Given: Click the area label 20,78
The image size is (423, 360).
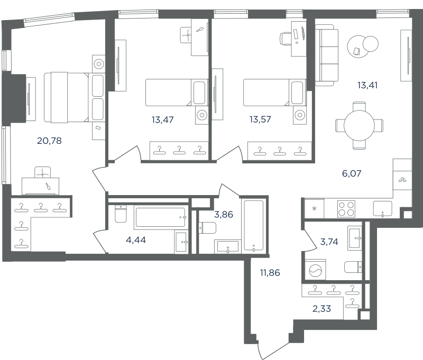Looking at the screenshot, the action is click(49, 141).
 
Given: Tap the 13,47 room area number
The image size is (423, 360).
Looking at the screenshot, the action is click(162, 119).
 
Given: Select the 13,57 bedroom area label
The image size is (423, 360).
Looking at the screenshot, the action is click(260, 119).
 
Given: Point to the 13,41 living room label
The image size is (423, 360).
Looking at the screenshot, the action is click(367, 85).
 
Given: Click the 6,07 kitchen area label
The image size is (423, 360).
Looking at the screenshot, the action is click(352, 173).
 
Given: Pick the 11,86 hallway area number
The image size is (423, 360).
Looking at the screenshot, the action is click(270, 273).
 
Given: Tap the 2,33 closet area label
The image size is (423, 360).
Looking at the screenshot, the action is click(321, 309).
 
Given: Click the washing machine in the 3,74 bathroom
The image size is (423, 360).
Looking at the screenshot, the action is click(315, 270).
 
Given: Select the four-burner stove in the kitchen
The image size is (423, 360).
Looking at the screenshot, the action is click(346, 209).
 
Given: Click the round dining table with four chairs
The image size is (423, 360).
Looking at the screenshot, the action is click(360, 125).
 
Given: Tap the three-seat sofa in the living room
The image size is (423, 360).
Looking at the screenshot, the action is click(326, 56).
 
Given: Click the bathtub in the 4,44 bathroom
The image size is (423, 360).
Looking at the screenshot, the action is click(161, 217).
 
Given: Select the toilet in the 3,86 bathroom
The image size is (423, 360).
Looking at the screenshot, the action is click(207, 228).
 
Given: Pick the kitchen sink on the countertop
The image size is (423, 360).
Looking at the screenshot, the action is click(382, 209).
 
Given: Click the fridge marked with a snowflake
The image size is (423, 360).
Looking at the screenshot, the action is click(314, 208).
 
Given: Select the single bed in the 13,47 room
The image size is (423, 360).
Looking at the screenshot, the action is click(177, 92).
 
